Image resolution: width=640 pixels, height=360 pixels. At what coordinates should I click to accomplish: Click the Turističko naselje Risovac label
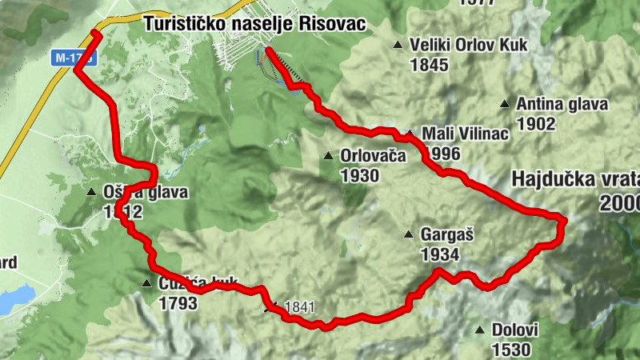tap(254, 25)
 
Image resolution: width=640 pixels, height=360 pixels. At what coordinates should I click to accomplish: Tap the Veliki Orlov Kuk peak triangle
tap(398, 46)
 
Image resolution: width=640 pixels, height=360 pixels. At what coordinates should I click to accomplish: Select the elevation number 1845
tap(429, 65)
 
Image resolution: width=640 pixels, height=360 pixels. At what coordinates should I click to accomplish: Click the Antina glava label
tap(562, 104)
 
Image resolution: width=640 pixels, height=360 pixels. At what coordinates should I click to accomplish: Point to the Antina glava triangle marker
tap(505, 104)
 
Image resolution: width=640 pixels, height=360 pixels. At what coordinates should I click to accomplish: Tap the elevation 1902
tap(536, 123)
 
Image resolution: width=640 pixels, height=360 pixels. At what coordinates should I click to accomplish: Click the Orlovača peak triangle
tap(328, 155)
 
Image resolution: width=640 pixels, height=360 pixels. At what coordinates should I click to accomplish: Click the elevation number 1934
tap(439, 255)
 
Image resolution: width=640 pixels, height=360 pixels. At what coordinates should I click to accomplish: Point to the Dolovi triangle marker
tap(479, 330)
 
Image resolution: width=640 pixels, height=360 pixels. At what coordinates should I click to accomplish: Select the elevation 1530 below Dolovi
tap(510, 349)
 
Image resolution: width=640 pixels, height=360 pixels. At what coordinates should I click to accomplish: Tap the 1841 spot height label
tap(300, 306)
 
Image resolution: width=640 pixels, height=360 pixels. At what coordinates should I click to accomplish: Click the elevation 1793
tap(178, 303)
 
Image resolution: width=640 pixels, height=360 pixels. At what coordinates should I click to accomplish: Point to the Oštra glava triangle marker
tap(92, 192)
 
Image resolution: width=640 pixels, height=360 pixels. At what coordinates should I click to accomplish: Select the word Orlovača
tap(373, 156)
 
